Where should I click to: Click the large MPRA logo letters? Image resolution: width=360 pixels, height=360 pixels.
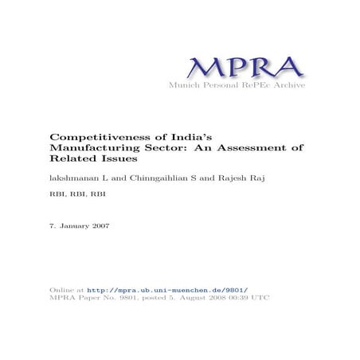pyautogui.click(x=235, y=67)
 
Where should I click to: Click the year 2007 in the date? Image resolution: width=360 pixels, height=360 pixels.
pyautogui.click(x=100, y=226)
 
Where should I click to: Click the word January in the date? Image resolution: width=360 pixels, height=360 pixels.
pyautogui.click(x=73, y=226)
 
